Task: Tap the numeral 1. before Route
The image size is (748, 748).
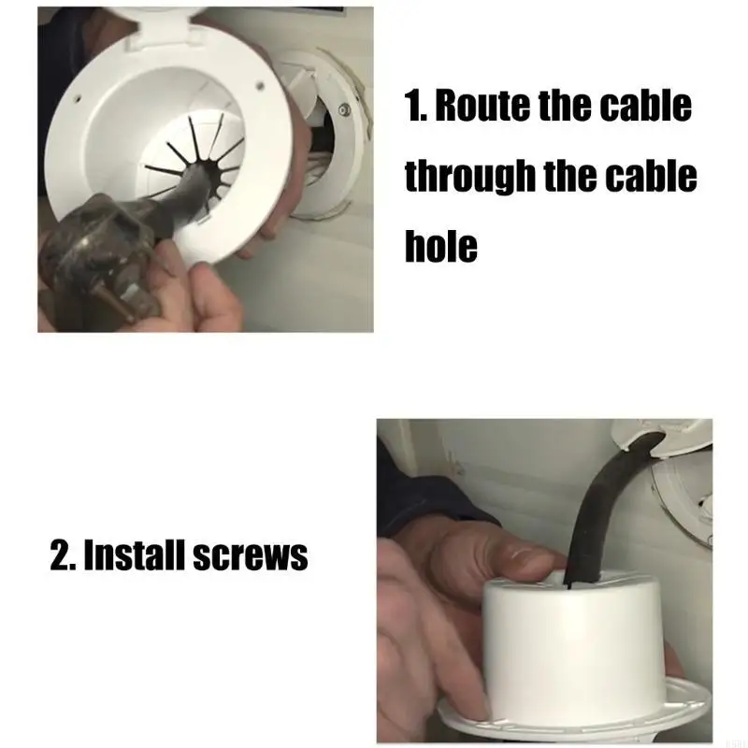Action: (415, 108)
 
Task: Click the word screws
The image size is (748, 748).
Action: (251, 556)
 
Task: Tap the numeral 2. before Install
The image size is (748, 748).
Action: (65, 556)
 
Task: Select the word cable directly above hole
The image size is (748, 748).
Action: (654, 176)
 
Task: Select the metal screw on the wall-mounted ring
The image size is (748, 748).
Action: (343, 112)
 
